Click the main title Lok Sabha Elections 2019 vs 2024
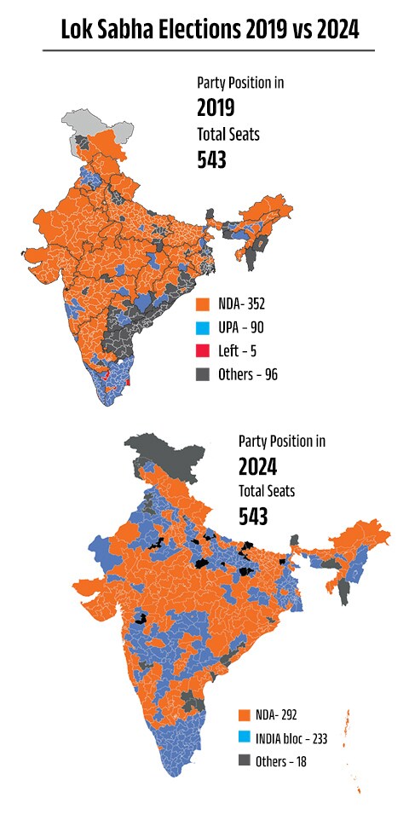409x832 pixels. coord(209,30)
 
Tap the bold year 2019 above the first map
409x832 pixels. coord(216,108)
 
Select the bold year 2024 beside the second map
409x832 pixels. coord(256,466)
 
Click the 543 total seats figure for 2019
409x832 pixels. coord(211,159)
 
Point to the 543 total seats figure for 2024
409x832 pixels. coord(253,516)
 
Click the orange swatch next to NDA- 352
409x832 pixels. coord(203,303)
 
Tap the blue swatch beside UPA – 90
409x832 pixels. coord(203,326)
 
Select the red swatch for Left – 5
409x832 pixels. coord(203,350)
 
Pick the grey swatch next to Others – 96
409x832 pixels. coord(203,373)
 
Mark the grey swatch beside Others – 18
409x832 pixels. coord(245,761)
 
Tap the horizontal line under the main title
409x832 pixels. coord(209,50)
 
